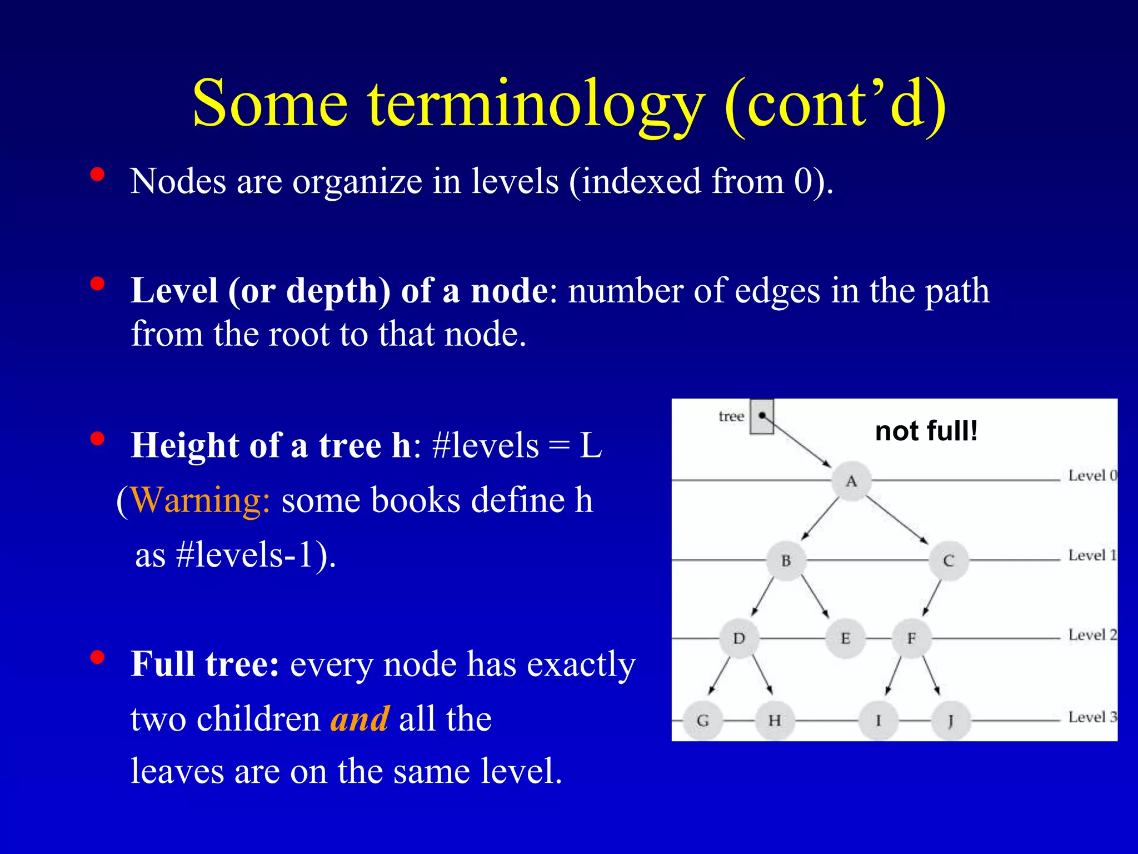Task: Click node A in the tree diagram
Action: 851,481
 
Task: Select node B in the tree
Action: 786,560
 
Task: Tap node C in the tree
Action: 949,560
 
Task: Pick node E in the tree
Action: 845,638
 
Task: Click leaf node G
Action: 702,721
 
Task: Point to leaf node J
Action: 951,721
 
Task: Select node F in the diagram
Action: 911,638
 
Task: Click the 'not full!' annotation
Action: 926,431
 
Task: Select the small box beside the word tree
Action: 762,416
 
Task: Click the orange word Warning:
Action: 201,500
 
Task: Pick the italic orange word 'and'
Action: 360,719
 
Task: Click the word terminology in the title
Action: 536,104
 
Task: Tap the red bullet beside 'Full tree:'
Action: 97,658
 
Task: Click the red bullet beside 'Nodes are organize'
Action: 97,175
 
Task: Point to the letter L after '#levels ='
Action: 591,445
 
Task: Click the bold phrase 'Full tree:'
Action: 204,664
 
